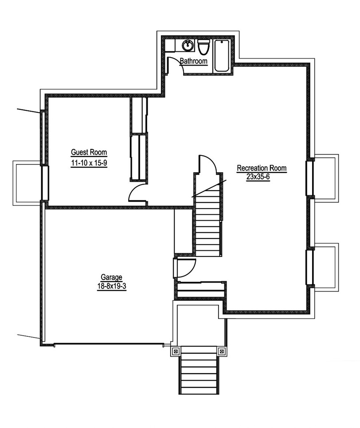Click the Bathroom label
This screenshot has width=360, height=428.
(193, 61)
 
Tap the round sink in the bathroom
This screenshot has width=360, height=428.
(188, 45)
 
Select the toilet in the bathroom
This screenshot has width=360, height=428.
(203, 47)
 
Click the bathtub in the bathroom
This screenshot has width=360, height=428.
(222, 56)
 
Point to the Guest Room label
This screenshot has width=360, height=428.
(89, 152)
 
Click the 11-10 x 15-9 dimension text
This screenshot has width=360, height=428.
(89, 163)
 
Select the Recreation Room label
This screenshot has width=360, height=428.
(262, 168)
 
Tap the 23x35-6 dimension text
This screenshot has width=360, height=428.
(258, 177)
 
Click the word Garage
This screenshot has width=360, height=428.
(111, 277)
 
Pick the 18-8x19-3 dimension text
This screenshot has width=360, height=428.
(111, 286)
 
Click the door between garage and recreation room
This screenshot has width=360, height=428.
(184, 268)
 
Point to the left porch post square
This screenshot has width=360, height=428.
(176, 351)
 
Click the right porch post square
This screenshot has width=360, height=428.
(222, 351)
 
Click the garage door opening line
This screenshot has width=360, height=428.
(109, 343)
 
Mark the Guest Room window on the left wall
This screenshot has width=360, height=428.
(45, 183)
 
